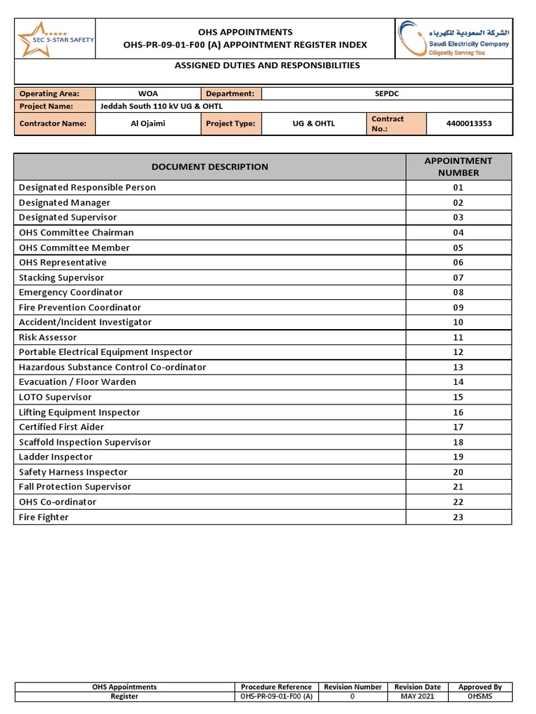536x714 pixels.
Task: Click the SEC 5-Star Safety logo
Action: (x=55, y=38)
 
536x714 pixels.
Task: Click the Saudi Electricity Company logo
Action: (x=453, y=38)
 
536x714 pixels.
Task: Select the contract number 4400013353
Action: (x=468, y=124)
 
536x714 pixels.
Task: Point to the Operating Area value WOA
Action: (x=147, y=93)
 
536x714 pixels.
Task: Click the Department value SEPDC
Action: (x=387, y=93)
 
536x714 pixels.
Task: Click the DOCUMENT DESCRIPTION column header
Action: (x=209, y=167)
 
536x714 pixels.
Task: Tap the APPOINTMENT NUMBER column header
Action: (x=458, y=167)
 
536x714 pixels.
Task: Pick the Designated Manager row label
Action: (x=64, y=203)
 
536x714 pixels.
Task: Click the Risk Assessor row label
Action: (x=48, y=337)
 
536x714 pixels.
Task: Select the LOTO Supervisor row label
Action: (x=55, y=397)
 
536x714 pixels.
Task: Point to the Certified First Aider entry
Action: (x=61, y=427)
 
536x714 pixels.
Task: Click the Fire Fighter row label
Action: (x=44, y=517)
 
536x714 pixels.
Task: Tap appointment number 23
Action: (x=458, y=517)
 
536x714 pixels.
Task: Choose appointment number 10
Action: (x=458, y=322)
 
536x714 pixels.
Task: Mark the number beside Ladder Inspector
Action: (x=458, y=457)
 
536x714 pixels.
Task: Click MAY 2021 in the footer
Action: (x=417, y=697)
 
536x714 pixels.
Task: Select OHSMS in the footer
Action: (x=480, y=697)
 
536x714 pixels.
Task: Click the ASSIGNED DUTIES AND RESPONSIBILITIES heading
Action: (x=267, y=66)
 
